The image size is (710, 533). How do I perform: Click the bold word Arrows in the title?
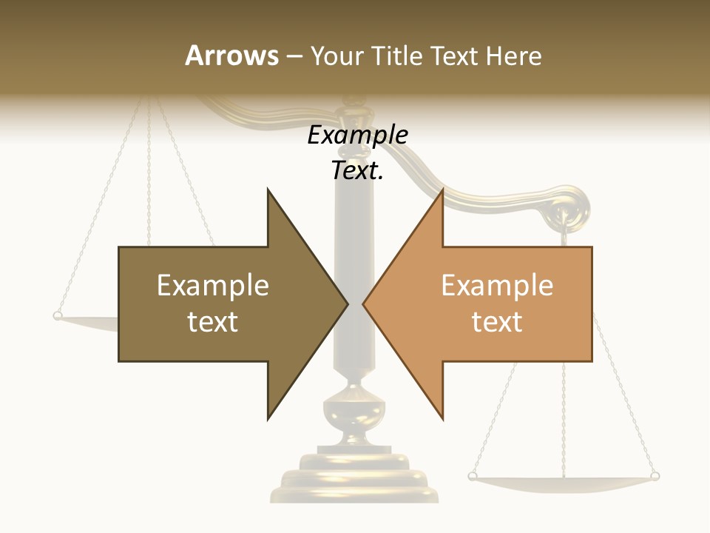pyautogui.click(x=231, y=56)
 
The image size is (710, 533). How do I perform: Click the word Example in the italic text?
pyautogui.click(x=357, y=135)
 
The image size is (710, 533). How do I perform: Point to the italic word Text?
pyautogui.click(x=357, y=171)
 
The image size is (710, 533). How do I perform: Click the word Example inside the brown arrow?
pyautogui.click(x=213, y=285)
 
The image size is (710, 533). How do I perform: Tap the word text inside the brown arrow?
pyautogui.click(x=213, y=321)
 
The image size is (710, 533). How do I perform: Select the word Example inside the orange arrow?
pyautogui.click(x=497, y=285)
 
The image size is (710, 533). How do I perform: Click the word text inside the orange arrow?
pyautogui.click(x=497, y=321)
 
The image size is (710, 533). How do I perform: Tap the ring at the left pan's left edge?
pyautogui.click(x=58, y=316)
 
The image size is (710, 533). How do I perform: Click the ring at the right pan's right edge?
pyautogui.click(x=654, y=476)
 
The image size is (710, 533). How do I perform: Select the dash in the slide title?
pyautogui.click(x=294, y=56)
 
